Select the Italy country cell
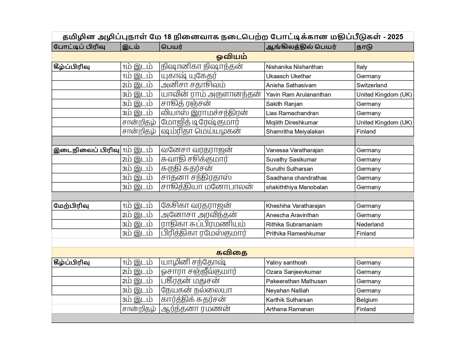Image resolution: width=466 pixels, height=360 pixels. pyautogui.click(x=362, y=67)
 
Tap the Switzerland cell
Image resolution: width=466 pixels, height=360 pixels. pyautogui.click(x=371, y=85)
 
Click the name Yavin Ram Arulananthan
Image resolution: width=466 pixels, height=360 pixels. pyautogui.click(x=298, y=95)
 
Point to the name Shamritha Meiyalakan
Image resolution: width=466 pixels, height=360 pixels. pyautogui.click(x=295, y=132)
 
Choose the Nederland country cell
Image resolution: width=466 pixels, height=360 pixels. pyautogui.click(x=370, y=224)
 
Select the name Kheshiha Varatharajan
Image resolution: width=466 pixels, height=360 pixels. pyautogui.click(x=295, y=206)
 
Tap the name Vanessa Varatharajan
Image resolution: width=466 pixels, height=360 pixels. pyautogui.click(x=295, y=150)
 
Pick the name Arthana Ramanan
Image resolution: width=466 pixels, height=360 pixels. pyautogui.click(x=290, y=309)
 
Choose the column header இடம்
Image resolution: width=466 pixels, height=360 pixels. pyautogui.click(x=131, y=47)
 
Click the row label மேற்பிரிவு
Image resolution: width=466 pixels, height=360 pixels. pyautogui.click(x=71, y=206)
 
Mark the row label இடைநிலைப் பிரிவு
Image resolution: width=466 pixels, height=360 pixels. pyautogui.click(x=86, y=150)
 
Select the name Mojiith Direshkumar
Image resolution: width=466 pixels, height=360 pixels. pyautogui.click(x=292, y=123)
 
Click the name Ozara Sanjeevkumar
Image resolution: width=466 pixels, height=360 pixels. pyautogui.click(x=293, y=272)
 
